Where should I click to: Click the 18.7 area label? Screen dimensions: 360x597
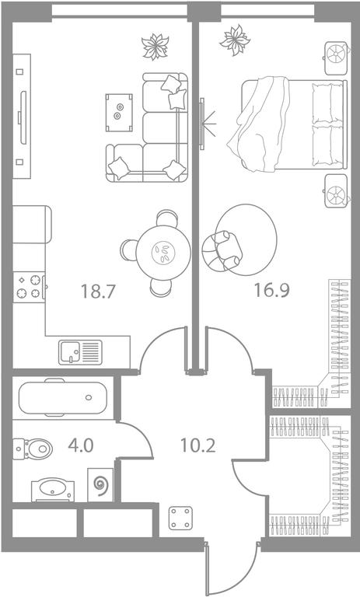pyautogui.click(x=98, y=292)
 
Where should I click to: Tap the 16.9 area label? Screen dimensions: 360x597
pyautogui.click(x=271, y=290)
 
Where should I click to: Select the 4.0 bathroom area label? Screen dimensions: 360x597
pyautogui.click(x=81, y=445)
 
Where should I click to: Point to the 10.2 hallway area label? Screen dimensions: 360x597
pyautogui.click(x=197, y=445)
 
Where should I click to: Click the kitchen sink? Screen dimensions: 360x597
pyautogui.click(x=80, y=352)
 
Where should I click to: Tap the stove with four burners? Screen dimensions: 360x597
pyautogui.click(x=29, y=287)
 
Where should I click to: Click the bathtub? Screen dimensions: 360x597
pyautogui.click(x=63, y=397)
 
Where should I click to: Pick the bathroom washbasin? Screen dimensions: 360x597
pyautogui.click(x=53, y=490)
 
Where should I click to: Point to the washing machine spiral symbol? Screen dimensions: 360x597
pyautogui.click(x=100, y=485)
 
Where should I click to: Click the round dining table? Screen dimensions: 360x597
pyautogui.click(x=163, y=253)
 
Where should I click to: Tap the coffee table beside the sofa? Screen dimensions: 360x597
pyautogui.click(x=119, y=113)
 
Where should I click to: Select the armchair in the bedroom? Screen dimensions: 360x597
pyautogui.click(x=222, y=251)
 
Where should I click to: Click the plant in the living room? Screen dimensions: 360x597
pyautogui.click(x=155, y=47)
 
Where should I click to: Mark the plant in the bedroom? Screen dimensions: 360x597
pyautogui.click(x=235, y=40)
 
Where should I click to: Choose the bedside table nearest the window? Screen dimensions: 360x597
pyautogui.click(x=337, y=58)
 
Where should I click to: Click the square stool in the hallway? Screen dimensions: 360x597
pyautogui.click(x=180, y=518)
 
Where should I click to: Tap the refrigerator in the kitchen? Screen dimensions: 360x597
pyautogui.click(x=32, y=224)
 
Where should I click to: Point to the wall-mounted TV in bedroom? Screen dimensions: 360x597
pyautogui.click(x=202, y=124)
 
